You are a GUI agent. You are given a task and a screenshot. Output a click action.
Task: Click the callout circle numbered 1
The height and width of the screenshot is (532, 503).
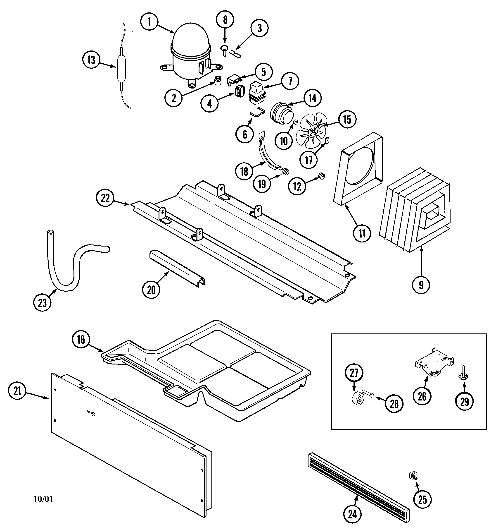pos(149,22)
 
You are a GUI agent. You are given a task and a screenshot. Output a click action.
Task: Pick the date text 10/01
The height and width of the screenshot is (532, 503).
pos(43,499)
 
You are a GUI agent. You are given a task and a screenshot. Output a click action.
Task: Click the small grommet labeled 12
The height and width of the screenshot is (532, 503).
pos(321,176)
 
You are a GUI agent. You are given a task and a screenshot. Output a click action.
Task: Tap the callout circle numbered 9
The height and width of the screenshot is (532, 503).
pos(421,285)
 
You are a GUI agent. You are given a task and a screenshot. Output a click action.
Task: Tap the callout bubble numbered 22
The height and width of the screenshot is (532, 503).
pos(105,198)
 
